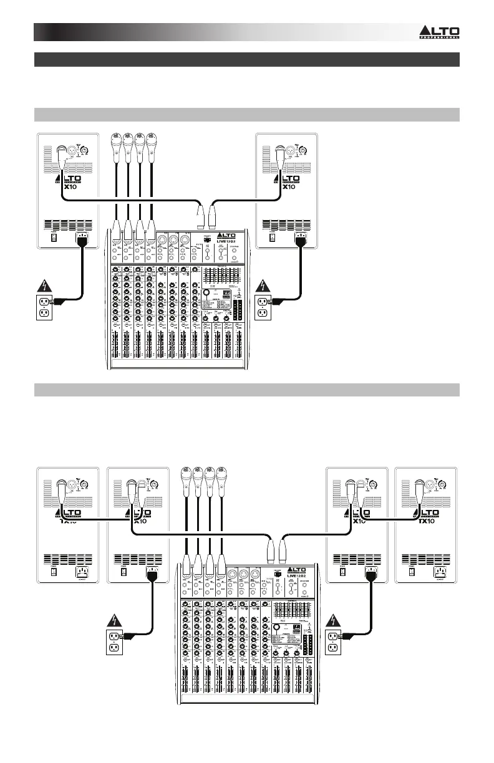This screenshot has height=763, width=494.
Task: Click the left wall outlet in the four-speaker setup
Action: tap(114, 640)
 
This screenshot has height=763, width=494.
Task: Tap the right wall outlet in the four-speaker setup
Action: tap(332, 640)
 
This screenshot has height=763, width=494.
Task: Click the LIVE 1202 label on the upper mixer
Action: tap(226, 239)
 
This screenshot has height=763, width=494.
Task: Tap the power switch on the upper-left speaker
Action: tap(53, 237)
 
